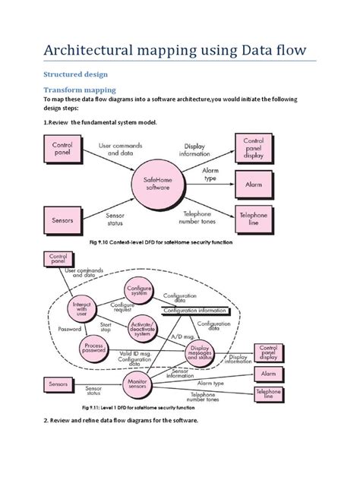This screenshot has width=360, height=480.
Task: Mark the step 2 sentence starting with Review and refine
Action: [121, 441]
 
